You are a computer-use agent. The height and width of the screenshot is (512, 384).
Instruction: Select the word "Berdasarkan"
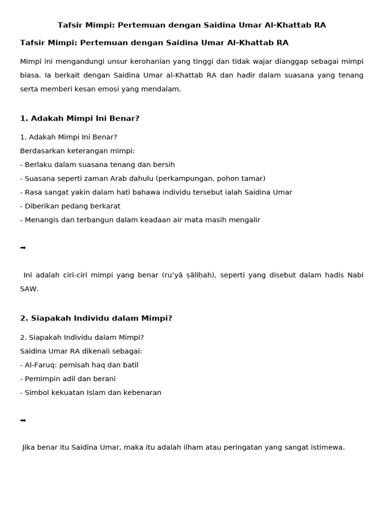(x=40, y=151)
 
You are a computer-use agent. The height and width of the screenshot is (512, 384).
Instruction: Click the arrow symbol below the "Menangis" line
(x=23, y=248)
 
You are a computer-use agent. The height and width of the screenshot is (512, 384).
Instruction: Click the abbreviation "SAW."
(x=29, y=289)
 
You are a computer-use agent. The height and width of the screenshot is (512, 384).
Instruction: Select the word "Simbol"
(x=35, y=393)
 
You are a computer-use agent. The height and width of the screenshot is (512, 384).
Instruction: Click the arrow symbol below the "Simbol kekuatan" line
(x=23, y=420)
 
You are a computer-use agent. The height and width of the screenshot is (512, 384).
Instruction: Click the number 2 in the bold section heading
(x=23, y=318)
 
